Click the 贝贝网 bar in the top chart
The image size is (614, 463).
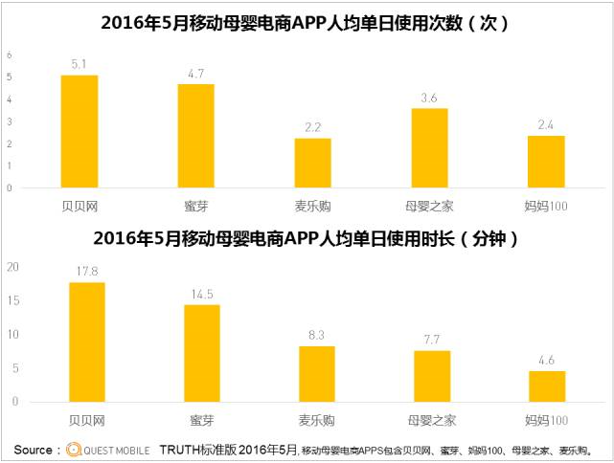79,131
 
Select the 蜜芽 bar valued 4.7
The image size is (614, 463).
195,136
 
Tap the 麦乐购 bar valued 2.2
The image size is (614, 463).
312,164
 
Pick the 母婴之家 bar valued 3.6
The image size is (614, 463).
429,148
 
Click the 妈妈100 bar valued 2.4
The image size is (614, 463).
546,162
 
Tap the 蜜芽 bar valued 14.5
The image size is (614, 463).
201,353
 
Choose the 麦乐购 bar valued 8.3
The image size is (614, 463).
317,373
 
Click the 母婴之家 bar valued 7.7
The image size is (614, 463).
432,375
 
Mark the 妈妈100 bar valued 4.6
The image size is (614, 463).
547,386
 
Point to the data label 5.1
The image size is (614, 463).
79,64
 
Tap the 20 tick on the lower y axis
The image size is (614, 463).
11,268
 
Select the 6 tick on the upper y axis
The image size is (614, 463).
9,55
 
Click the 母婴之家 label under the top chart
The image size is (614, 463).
429,204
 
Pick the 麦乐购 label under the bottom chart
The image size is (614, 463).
317,419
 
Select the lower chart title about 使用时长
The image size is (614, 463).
306,238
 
